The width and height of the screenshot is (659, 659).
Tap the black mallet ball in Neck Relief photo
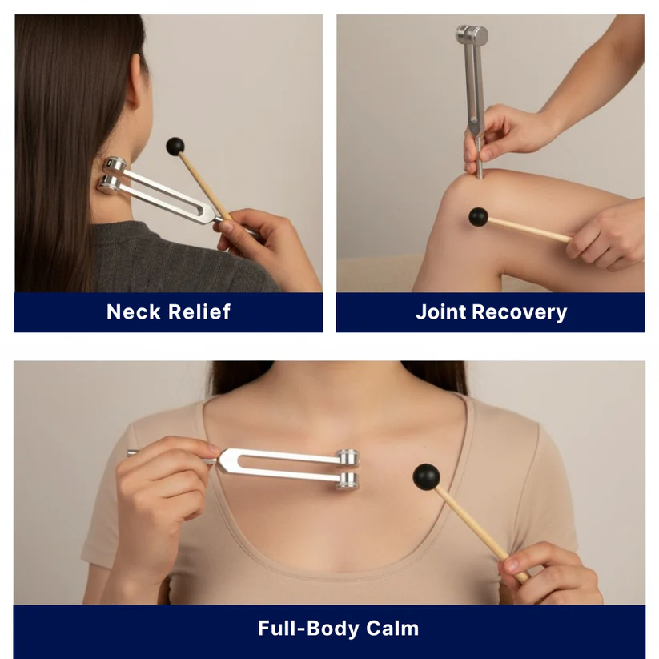click(175, 146)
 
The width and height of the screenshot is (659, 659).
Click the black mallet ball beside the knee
click(478, 216)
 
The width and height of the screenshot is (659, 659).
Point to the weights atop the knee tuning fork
click(472, 35)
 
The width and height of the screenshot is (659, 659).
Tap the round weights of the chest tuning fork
click(348, 468)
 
